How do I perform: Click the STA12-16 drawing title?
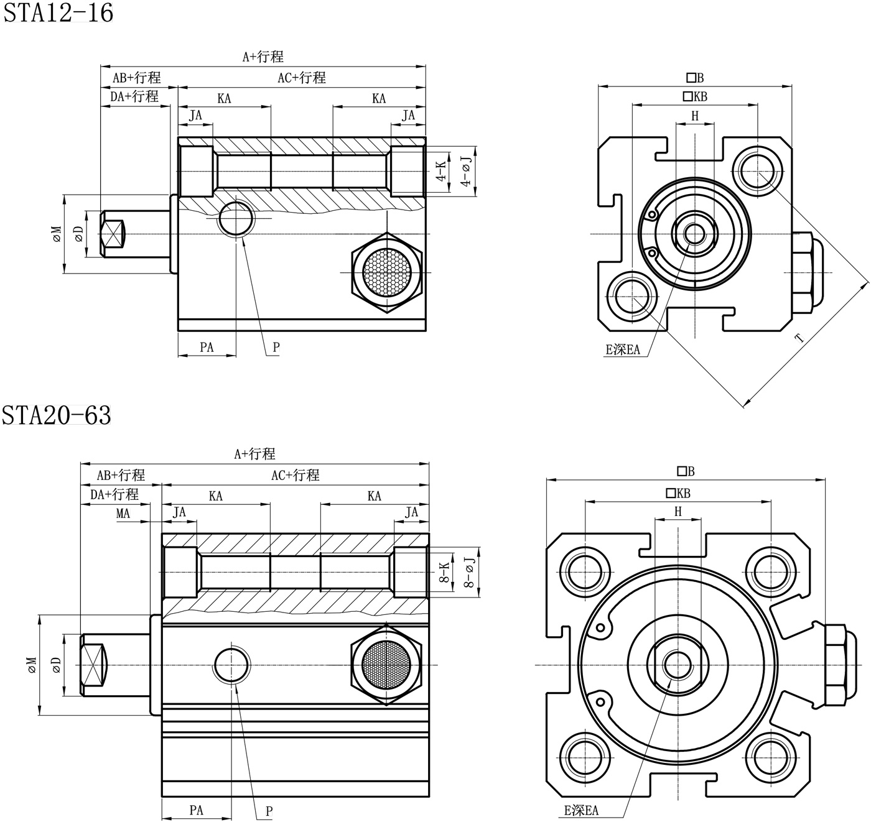pyautogui.click(x=58, y=12)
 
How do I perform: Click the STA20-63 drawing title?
pyautogui.click(x=57, y=415)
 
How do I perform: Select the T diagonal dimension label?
pyautogui.click(x=799, y=338)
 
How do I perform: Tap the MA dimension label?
pyautogui.click(x=123, y=514)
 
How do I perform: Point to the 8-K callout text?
pyautogui.click(x=444, y=571)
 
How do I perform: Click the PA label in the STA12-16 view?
pyautogui.click(x=207, y=347)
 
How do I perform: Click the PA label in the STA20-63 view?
pyautogui.click(x=196, y=810)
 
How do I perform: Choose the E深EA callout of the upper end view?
pyautogui.click(x=623, y=349)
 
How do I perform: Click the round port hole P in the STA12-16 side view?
pyautogui.click(x=236, y=218)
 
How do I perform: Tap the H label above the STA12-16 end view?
pyautogui.click(x=695, y=116)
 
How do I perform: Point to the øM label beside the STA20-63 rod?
pyautogui.click(x=32, y=665)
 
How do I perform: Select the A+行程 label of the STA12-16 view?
pyautogui.click(x=263, y=57)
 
